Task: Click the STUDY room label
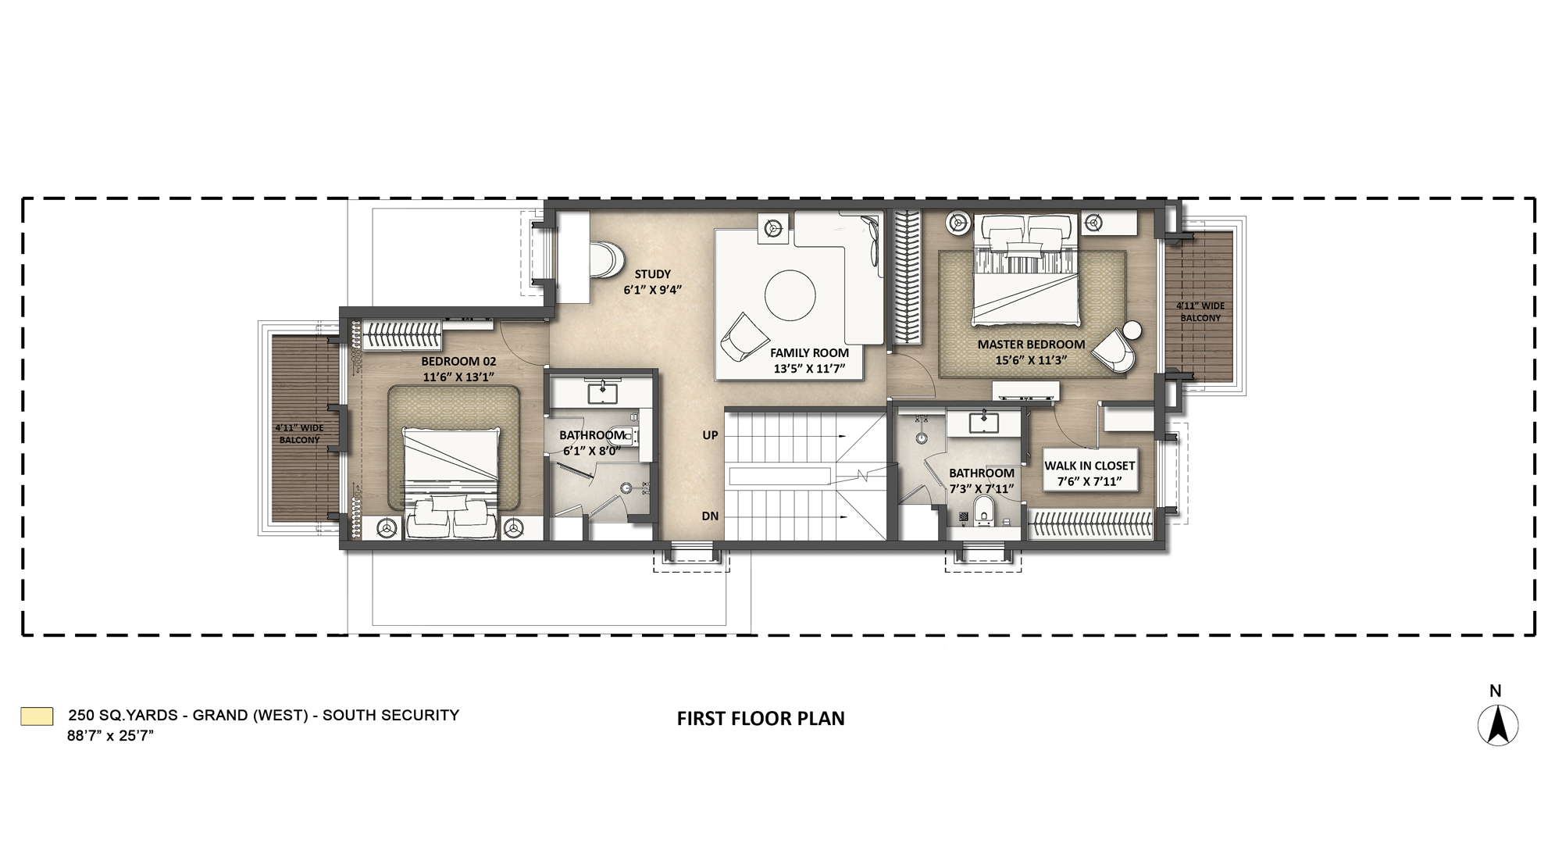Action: [x=652, y=274]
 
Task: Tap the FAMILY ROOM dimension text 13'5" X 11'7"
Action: [x=809, y=368]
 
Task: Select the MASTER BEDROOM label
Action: [x=1031, y=345]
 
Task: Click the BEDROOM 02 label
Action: [x=458, y=362]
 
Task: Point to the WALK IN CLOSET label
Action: [x=1089, y=466]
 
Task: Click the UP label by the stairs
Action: [x=710, y=435]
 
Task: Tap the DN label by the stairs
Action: [x=710, y=516]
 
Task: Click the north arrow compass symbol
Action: [x=1498, y=725]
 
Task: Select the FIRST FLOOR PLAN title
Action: [x=761, y=719]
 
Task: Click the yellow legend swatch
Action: [x=37, y=716]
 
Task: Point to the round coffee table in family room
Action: [x=790, y=296]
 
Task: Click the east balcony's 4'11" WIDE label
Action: [x=1200, y=306]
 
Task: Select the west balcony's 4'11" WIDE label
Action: [x=299, y=428]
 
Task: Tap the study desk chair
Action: [x=608, y=259]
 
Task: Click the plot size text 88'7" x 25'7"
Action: [x=110, y=736]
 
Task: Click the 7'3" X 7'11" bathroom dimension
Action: [x=982, y=489]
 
